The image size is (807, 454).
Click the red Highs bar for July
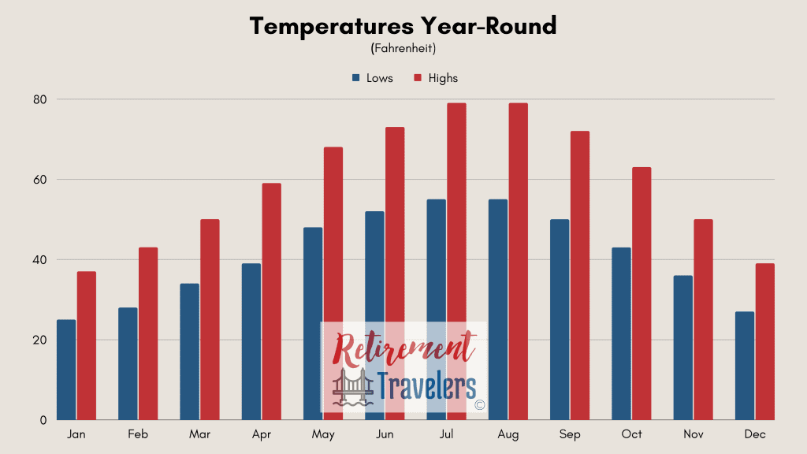click(456, 262)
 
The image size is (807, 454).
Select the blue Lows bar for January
click(66, 370)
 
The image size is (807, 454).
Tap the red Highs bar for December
click(764, 342)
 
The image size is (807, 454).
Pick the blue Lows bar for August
click(498, 309)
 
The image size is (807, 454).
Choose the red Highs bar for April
click(272, 302)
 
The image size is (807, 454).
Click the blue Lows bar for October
click(621, 333)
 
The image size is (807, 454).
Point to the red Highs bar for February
click(148, 333)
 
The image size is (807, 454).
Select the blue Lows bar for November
click(683, 348)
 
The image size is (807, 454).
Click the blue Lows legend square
click(355, 78)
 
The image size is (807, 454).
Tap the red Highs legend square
click(418, 78)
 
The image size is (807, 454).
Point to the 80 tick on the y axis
click(39, 99)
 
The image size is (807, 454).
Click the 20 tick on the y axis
click(39, 340)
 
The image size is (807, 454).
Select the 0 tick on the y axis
click(43, 420)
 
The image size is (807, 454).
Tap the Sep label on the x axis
click(570, 434)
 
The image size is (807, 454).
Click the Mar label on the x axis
click(199, 434)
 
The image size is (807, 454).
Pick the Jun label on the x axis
click(385, 434)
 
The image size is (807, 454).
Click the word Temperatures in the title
click(332, 26)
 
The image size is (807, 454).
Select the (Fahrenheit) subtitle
click(403, 48)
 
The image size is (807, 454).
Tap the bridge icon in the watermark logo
click(353, 386)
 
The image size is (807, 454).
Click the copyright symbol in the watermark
click(479, 405)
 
